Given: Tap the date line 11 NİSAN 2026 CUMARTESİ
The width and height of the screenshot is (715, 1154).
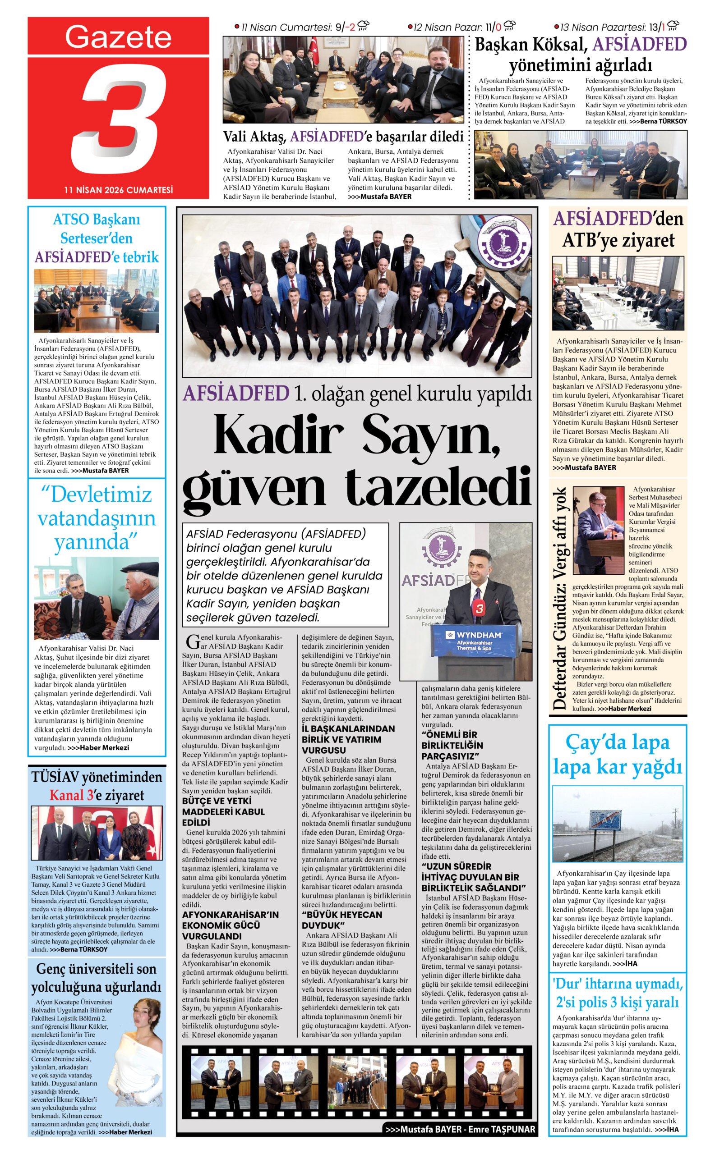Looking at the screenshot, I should point(118,190).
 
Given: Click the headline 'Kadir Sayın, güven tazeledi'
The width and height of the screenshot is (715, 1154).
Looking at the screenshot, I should point(357,458).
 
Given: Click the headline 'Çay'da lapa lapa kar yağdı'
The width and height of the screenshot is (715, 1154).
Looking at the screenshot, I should point(618,755).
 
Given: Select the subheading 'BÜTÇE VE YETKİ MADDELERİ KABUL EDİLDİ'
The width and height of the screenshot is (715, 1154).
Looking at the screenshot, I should point(223,811).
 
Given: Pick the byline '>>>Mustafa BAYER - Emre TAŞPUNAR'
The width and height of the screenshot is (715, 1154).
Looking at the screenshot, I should point(460,1129).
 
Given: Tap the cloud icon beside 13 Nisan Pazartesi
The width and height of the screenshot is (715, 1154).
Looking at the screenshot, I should point(673,26).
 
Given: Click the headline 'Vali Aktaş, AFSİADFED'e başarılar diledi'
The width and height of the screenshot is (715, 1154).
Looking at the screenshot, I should point(343,137).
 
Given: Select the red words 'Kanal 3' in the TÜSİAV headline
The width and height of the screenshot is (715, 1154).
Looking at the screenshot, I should point(71,795).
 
